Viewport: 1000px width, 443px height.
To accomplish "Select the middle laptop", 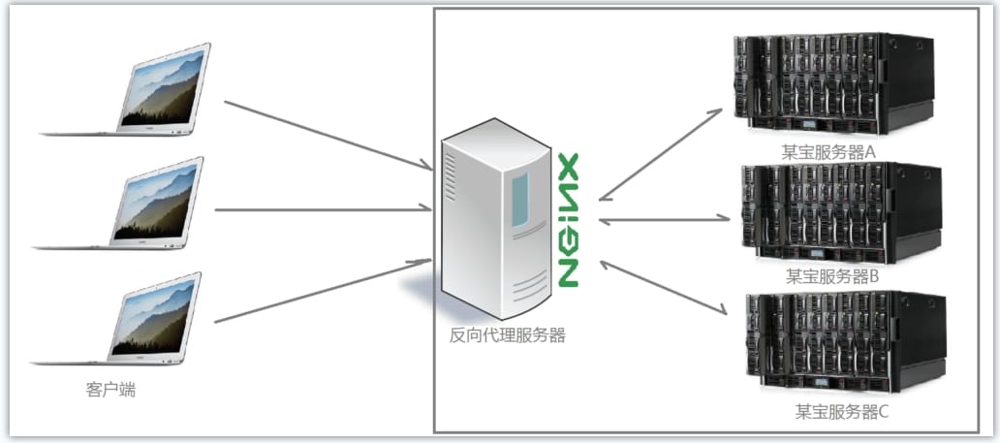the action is [118, 203].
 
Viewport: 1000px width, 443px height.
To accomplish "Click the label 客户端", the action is [110, 390].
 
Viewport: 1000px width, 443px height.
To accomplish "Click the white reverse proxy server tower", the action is [496, 218].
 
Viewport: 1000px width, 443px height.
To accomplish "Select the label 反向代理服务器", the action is [507, 335].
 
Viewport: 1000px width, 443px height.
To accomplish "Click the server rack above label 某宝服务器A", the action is [833, 84].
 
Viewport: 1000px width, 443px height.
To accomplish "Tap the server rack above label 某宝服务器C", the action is [845, 342].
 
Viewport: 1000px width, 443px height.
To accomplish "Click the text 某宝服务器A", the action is [830, 152].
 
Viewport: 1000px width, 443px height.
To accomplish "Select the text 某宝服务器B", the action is [833, 276].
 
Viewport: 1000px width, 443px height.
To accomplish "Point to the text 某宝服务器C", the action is [841, 412].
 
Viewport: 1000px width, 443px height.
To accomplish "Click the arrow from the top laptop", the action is [328, 136].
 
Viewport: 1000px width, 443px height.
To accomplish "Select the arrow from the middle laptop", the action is [324, 208].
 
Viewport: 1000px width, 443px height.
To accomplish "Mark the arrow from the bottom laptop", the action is [324, 291].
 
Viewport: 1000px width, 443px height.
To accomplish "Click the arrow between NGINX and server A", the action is [661, 154].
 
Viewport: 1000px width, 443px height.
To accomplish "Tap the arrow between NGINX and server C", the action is [664, 287].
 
